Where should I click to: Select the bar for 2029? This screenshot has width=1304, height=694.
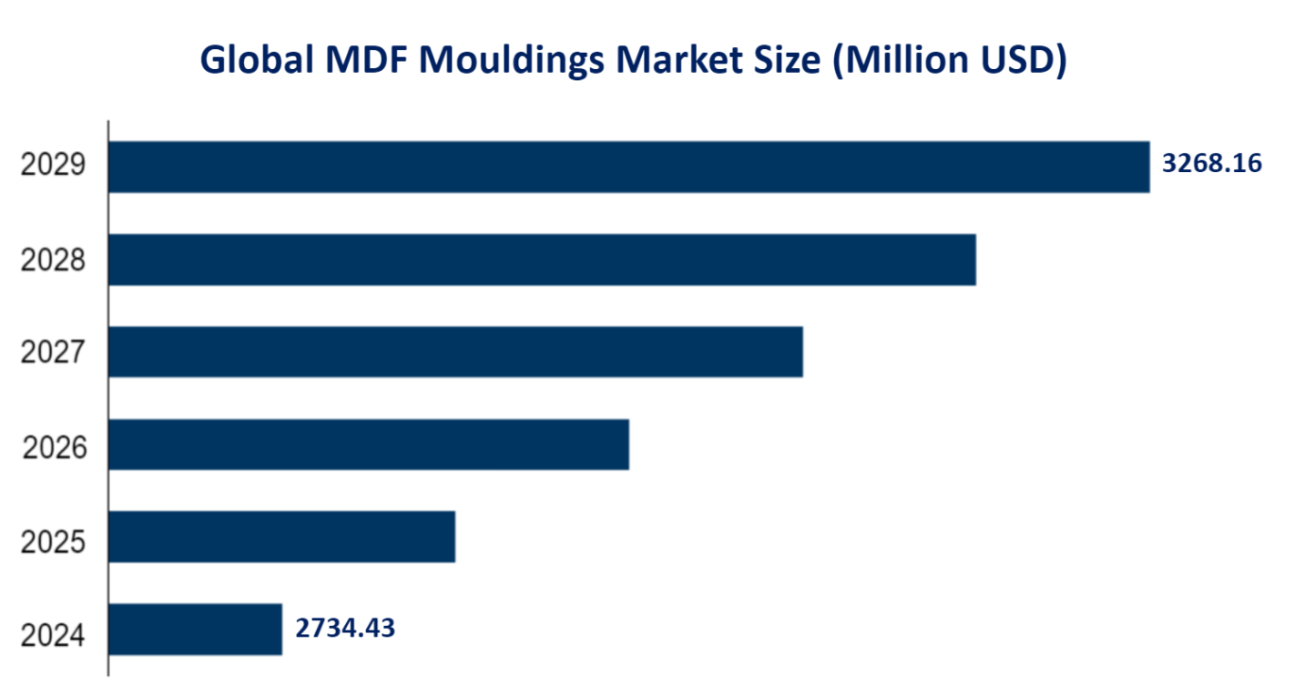629,167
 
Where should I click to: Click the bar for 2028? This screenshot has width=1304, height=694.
542,259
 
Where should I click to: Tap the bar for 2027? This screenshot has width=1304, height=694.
455,352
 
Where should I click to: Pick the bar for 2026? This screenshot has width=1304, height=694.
368,444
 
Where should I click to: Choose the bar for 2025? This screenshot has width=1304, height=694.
282,537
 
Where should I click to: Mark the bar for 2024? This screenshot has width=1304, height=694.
195,629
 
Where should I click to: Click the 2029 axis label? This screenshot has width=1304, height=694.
54,166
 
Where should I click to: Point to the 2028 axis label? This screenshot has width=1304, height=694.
54,259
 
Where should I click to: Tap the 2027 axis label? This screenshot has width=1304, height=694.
54,353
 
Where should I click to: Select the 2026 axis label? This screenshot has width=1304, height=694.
54,446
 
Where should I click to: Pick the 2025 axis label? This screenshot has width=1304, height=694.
54,541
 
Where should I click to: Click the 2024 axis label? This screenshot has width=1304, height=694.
54,634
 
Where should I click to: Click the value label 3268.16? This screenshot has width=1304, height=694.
1211,164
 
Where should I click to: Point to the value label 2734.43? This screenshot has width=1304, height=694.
345,628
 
